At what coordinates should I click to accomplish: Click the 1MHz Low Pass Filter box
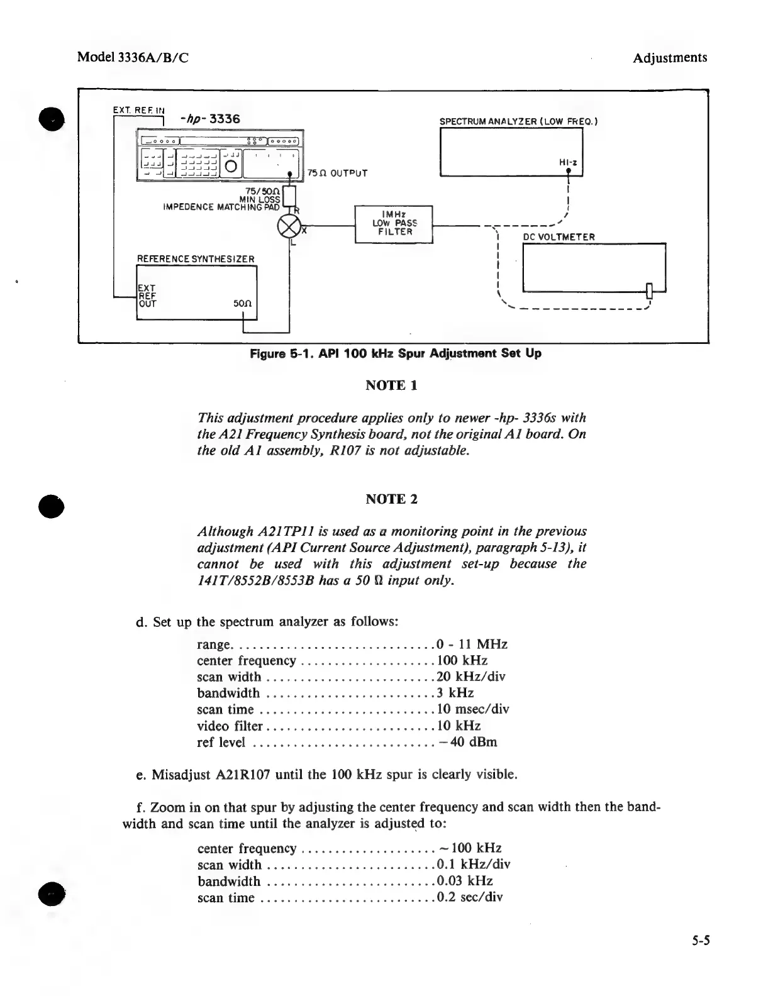(x=394, y=224)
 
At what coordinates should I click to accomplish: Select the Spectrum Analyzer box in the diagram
(x=511, y=151)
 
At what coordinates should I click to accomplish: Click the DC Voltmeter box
(x=593, y=267)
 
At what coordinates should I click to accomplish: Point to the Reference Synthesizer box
(x=196, y=292)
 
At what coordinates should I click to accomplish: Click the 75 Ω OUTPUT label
(x=337, y=173)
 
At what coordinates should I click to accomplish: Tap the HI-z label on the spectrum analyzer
(x=568, y=162)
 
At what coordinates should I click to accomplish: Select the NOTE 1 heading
(x=391, y=385)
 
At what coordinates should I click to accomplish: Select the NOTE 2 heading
(x=391, y=499)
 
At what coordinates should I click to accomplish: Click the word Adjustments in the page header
(x=669, y=58)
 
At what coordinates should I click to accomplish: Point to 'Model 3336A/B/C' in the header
(x=133, y=58)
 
